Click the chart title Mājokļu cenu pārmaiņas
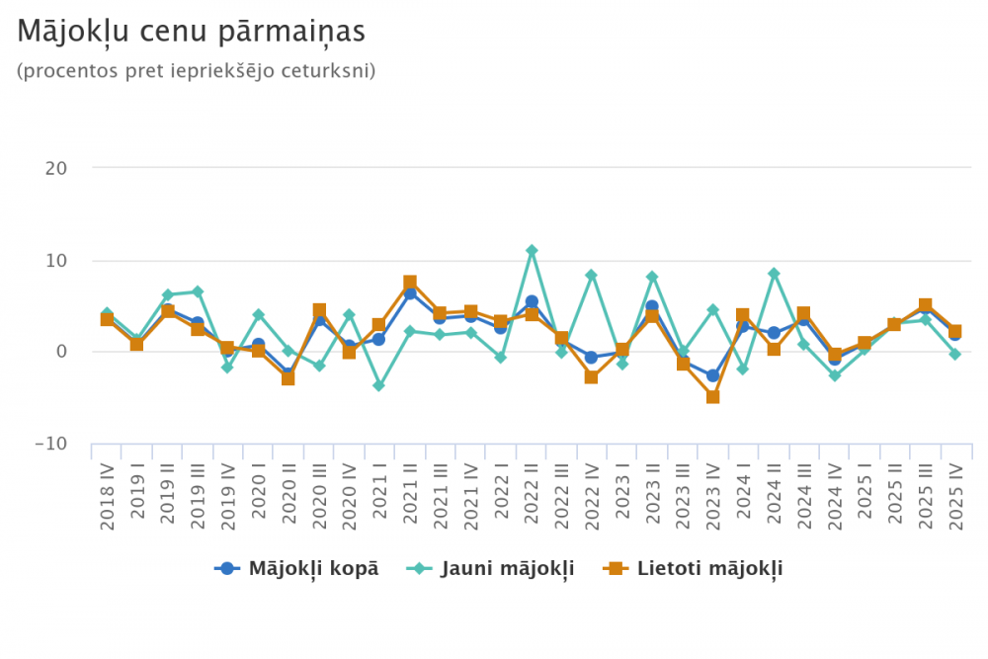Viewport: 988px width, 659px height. pyautogui.click(x=192, y=33)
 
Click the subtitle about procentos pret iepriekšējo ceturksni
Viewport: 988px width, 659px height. pyautogui.click(x=197, y=71)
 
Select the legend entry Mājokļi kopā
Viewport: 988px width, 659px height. pyautogui.click(x=297, y=568)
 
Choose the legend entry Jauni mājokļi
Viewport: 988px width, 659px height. pyautogui.click(x=491, y=568)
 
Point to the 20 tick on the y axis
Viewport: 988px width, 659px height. pyautogui.click(x=55, y=168)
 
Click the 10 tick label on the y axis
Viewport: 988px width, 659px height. pyautogui.click(x=55, y=261)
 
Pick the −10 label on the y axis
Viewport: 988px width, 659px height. pyautogui.click(x=50, y=445)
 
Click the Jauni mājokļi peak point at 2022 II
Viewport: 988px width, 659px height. pyautogui.click(x=532, y=250)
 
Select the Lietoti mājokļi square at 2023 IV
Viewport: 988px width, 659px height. pyautogui.click(x=712, y=397)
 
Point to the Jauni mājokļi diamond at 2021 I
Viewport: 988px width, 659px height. pyautogui.click(x=379, y=385)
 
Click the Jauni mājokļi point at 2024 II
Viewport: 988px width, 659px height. pyautogui.click(x=774, y=274)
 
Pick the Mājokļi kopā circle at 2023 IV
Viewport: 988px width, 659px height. pyautogui.click(x=712, y=375)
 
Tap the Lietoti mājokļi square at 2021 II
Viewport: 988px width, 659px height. pyautogui.click(x=410, y=283)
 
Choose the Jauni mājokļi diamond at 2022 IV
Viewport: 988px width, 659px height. pyautogui.click(x=592, y=275)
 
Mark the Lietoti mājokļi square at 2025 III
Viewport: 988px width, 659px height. pyautogui.click(x=925, y=306)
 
